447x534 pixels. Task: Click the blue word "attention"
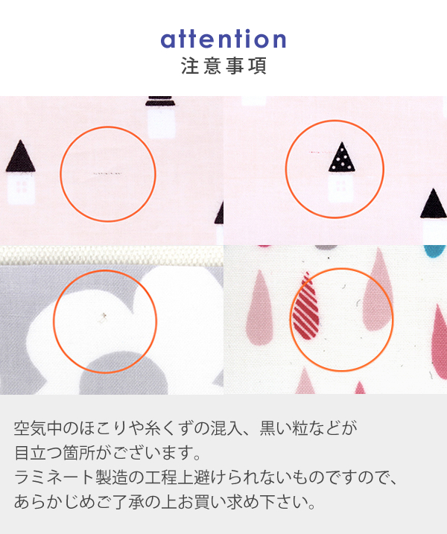(223, 39)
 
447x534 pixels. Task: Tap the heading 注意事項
(223, 66)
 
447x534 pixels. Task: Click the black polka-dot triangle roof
(342, 156)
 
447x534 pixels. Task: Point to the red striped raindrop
(306, 307)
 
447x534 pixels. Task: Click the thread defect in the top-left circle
(107, 174)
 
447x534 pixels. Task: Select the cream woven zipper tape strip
(112, 255)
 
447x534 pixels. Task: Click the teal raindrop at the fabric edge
(435, 251)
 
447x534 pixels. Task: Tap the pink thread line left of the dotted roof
(320, 152)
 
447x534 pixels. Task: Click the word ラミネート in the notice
(54, 477)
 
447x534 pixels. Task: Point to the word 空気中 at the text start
(38, 428)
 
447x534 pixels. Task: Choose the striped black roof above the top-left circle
(160, 101)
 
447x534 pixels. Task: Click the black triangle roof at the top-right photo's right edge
(433, 203)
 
